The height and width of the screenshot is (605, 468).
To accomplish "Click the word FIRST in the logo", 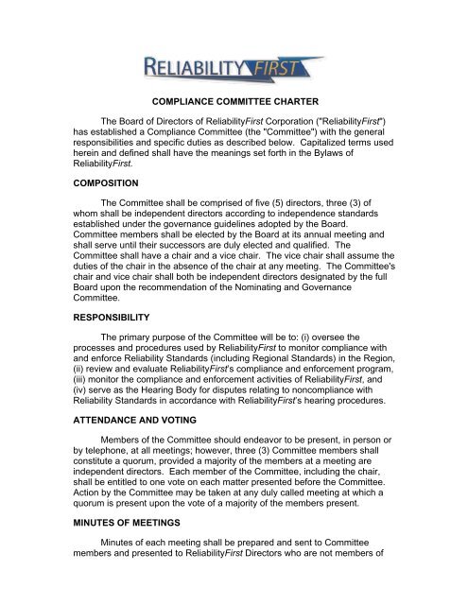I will pyautogui.click(x=282, y=67).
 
